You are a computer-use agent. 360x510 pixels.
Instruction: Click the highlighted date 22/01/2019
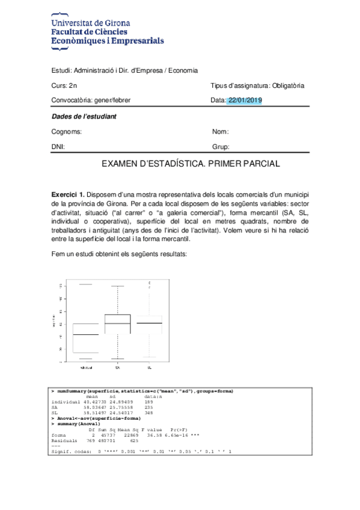(245, 100)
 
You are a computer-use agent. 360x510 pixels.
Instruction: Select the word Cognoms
(67, 131)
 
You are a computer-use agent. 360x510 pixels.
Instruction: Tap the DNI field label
(58, 146)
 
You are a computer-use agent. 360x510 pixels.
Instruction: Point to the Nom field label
(221, 131)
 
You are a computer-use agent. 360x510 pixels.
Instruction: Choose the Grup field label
(221, 146)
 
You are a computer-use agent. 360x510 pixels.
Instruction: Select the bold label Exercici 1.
(67, 195)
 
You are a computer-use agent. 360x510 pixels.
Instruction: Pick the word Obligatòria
(288, 85)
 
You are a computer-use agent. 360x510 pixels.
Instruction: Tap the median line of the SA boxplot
(117, 324)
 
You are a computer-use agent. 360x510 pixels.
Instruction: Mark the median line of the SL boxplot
(149, 323)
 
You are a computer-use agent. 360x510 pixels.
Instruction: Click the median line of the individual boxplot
(86, 334)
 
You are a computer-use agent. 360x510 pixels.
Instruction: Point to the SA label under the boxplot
(117, 367)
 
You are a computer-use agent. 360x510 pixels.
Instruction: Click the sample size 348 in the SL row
(149, 413)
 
